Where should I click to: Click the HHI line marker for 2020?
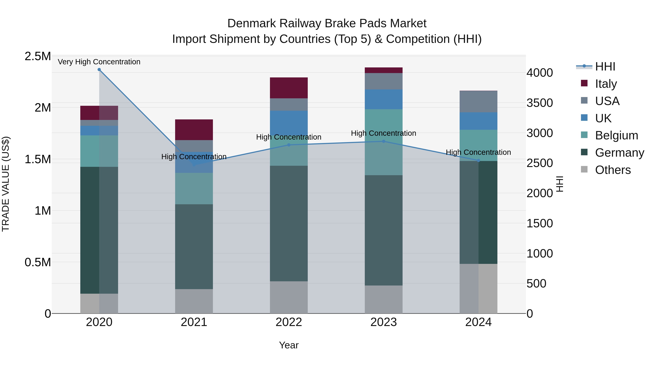[x=99, y=70]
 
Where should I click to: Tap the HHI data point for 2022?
[x=289, y=145]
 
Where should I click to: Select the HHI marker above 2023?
[x=384, y=141]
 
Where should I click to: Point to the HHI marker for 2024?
[x=479, y=160]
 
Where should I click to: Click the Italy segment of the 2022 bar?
[x=289, y=88]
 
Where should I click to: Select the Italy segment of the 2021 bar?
[x=194, y=130]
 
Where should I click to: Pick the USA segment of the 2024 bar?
[x=479, y=102]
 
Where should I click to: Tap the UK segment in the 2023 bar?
[x=384, y=99]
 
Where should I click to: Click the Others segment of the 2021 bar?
[x=194, y=301]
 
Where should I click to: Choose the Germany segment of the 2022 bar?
[x=289, y=224]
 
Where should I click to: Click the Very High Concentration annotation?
[x=99, y=62]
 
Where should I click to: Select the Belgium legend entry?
[x=616, y=135]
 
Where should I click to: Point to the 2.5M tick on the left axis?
[x=38, y=56]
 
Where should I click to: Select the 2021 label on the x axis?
[x=194, y=322]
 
